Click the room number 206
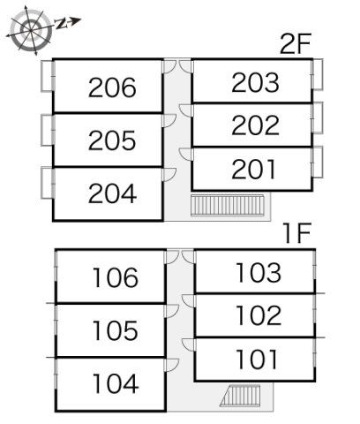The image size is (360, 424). pos(112,87)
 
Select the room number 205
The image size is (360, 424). pos(112,140)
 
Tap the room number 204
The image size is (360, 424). pos(112,193)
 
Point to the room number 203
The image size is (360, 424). pos(255,82)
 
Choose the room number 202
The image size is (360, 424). pos(255,125)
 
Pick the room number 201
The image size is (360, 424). pos(253,169)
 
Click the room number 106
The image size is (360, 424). pos(115,277)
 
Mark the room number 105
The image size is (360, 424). pos(115,330)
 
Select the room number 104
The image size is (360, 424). pos(116,383)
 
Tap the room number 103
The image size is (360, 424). pos(259,273)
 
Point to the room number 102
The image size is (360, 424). pos(259,315)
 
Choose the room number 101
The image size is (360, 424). pos(257,359)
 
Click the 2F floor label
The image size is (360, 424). pos(295,43)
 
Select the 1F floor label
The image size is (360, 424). pos(297,233)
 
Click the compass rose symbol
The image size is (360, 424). pos(32,30)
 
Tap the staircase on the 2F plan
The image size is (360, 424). pos(228,205)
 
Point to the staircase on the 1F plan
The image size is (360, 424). pos(240,396)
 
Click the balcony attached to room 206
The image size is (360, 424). pos(48,76)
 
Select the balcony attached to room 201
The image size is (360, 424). pos(317,162)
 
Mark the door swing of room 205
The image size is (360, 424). pos(170,121)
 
